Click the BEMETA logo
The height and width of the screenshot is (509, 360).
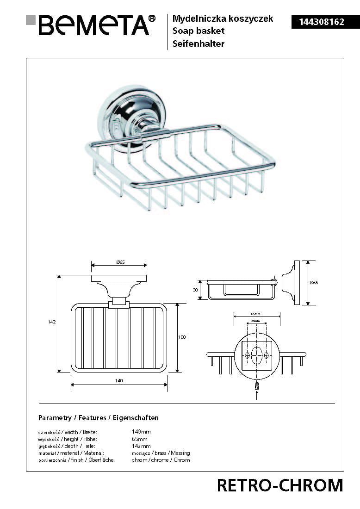click(91, 25)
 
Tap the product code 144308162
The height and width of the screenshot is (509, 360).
click(318, 22)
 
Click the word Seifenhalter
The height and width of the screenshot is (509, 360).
click(198, 44)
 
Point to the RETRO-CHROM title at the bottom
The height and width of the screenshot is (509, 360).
click(280, 485)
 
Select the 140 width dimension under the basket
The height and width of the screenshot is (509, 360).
click(118, 381)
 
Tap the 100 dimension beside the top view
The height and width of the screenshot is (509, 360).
click(182, 337)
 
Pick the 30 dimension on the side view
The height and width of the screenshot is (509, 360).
click(195, 290)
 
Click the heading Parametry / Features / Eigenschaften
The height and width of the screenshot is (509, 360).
click(98, 418)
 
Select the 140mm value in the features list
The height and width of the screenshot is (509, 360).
click(141, 432)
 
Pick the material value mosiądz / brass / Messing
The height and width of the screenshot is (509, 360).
click(161, 453)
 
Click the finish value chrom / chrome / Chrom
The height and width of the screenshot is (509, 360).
click(161, 460)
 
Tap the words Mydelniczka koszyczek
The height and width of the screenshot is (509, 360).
click(223, 19)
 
